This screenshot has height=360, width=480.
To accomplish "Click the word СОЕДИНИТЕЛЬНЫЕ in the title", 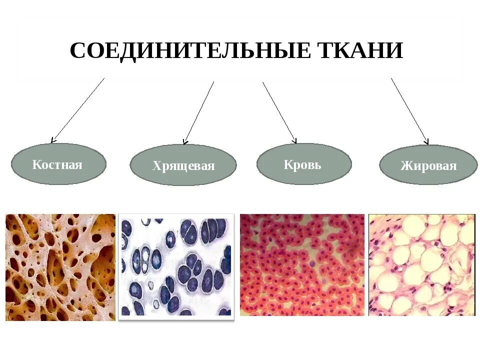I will pos(190,51).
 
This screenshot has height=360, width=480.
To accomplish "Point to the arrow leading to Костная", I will pos(78,109).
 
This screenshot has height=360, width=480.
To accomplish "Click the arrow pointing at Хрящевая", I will pos(199,112).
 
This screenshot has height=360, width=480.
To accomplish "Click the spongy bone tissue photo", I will pos(60,267).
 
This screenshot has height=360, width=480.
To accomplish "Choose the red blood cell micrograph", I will pos(302,265).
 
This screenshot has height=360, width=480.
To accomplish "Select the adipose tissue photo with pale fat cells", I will pos(421,265).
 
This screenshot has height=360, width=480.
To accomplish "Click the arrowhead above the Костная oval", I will pos(53,140).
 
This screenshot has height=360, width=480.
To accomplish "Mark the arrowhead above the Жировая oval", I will pos(426,141).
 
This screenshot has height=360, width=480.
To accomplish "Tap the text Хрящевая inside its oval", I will pos(183,166).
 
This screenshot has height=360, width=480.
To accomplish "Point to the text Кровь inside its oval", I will pos(302,164).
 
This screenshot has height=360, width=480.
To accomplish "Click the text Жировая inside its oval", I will pos(428,166).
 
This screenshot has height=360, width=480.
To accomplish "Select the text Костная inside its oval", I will pos(57,164).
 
